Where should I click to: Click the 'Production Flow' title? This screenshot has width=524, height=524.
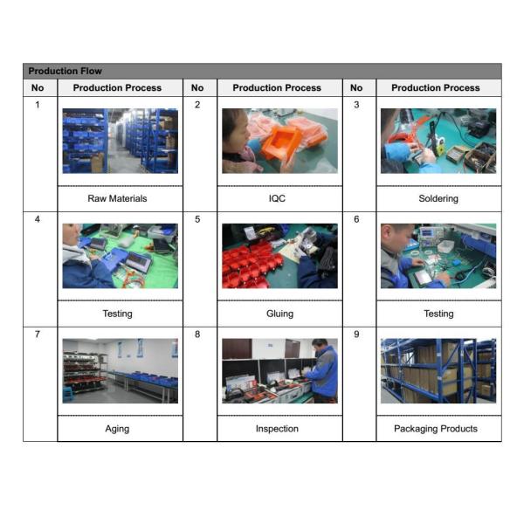65,71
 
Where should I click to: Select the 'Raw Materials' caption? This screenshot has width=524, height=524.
117,198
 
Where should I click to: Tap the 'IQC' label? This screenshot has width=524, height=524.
277,198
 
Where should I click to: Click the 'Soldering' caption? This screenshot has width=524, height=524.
438,198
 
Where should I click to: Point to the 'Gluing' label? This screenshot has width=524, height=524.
279,314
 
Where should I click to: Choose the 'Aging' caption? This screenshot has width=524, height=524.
117,429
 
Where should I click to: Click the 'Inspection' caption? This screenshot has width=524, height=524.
277,429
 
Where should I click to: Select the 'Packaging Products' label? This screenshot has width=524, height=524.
436,429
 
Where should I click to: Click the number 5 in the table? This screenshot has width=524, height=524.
197,219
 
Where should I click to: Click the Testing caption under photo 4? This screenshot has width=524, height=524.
117,314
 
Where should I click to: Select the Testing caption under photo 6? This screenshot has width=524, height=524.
438,314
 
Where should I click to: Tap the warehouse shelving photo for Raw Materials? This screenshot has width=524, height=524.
121,141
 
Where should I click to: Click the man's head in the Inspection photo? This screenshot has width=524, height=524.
320,346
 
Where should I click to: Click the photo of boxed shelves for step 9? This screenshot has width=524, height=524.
438,371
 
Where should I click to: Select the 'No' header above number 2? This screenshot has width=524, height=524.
197,88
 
